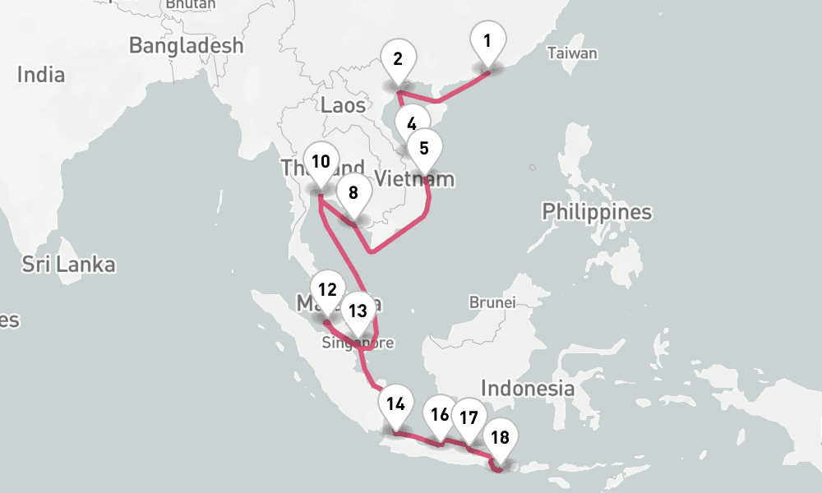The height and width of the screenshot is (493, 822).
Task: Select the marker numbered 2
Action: (x=399, y=59)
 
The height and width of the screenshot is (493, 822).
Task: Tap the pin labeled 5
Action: (x=424, y=150)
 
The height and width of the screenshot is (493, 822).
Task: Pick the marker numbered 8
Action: (x=353, y=194)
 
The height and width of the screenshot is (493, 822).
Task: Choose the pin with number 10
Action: (x=321, y=162)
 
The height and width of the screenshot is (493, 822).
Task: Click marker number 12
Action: (x=327, y=290)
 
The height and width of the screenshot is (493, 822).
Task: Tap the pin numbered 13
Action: (x=358, y=311)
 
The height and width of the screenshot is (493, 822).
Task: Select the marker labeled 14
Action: (x=396, y=404)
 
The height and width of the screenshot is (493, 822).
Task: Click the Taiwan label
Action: (x=572, y=53)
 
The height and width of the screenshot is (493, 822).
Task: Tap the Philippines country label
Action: (x=597, y=212)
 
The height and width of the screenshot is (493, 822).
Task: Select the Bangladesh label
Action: (x=187, y=45)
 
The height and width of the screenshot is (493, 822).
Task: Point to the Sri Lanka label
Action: (x=69, y=265)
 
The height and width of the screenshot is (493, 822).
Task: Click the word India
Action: (x=41, y=75)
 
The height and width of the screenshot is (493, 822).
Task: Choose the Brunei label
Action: (x=492, y=302)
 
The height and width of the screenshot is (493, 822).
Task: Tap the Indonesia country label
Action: (x=528, y=388)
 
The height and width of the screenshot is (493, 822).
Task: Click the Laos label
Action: (x=344, y=104)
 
